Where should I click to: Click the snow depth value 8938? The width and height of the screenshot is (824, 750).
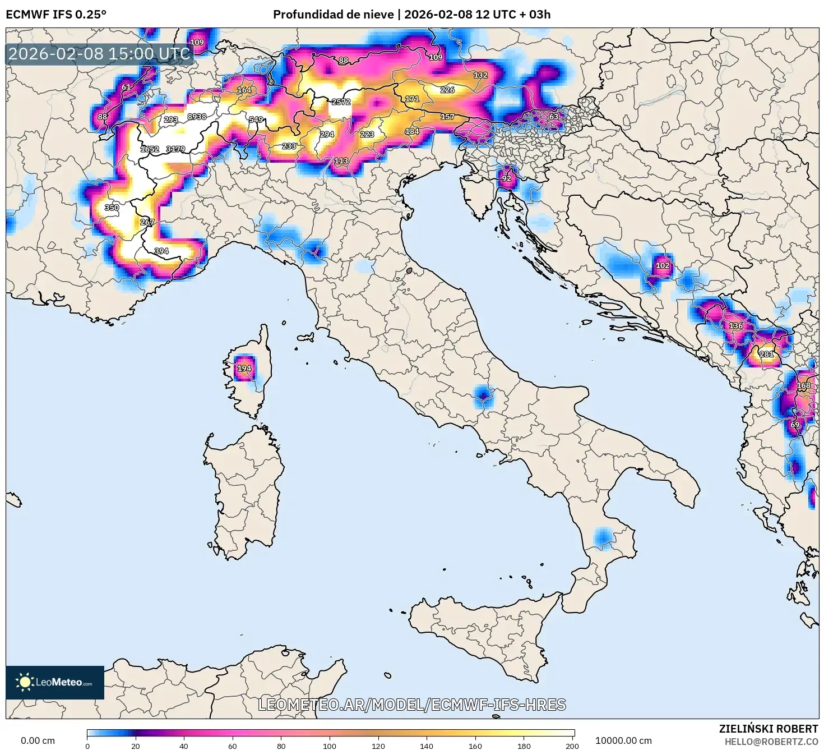[197, 117]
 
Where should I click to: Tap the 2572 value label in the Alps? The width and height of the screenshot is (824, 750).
[341, 102]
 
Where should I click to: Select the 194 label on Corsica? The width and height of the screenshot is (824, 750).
[244, 369]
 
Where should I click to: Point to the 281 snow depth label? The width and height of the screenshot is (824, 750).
[766, 354]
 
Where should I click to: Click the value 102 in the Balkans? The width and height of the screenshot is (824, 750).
[663, 265]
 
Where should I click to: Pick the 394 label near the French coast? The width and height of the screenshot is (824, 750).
[161, 251]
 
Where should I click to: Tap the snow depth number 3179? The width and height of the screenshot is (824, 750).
[175, 149]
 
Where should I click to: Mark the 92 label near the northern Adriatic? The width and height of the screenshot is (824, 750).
[507, 178]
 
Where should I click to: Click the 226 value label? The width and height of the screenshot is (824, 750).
[447, 90]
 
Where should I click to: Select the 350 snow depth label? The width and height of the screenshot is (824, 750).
[112, 208]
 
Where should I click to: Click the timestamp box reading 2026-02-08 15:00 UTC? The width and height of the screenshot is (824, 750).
[100, 54]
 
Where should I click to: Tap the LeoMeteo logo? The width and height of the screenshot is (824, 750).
[55, 682]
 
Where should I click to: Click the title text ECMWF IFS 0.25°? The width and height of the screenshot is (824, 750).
[56, 15]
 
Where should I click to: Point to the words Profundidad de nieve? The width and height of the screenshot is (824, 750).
[333, 15]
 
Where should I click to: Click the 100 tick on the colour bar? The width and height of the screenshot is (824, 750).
[330, 746]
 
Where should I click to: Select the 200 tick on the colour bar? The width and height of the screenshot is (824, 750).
[572, 746]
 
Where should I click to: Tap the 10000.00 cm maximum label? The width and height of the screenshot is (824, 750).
[623, 740]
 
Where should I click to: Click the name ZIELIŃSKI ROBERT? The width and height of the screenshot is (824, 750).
[769, 729]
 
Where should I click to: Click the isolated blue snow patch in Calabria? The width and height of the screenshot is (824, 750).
[603, 537]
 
